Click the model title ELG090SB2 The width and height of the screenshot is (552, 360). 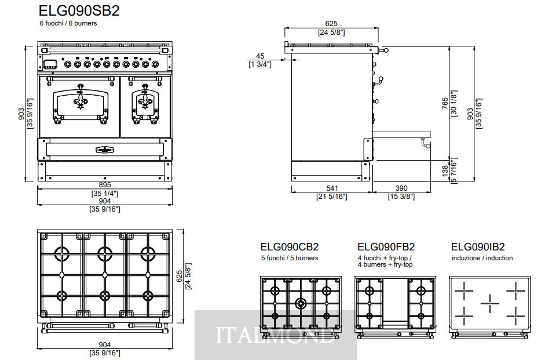pyautogui.click(x=79, y=10)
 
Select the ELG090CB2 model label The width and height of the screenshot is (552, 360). pyautogui.click(x=290, y=247)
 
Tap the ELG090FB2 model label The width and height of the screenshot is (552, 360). pyautogui.click(x=386, y=247)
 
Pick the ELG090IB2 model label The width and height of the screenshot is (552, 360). pyautogui.click(x=478, y=247)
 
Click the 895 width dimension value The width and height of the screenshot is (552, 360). pyautogui.click(x=105, y=185)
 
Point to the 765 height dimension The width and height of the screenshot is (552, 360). pyautogui.click(x=445, y=103)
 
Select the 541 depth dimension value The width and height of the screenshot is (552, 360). pyautogui.click(x=332, y=188)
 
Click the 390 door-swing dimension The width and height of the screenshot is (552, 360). pyautogui.click(x=401, y=188)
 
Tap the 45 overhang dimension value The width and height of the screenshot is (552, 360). pyautogui.click(x=260, y=56)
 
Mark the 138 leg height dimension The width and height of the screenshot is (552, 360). pyautogui.click(x=445, y=170)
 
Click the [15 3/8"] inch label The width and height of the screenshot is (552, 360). pyautogui.click(x=401, y=197)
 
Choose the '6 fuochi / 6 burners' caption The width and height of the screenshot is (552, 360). pyautogui.click(x=68, y=23)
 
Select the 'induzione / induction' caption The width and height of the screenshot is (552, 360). pyautogui.click(x=482, y=258)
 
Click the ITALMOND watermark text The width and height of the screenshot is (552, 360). pyautogui.click(x=275, y=336)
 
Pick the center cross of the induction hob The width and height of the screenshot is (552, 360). pyautogui.click(x=489, y=300)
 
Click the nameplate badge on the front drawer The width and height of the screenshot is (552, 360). pyautogui.click(x=105, y=150)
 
